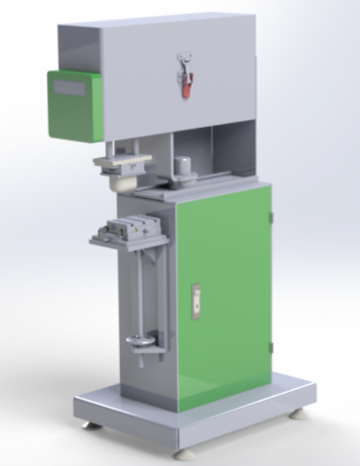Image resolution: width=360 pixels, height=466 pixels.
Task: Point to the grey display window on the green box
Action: click(70, 88)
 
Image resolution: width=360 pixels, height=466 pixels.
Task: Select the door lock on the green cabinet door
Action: click(196, 301)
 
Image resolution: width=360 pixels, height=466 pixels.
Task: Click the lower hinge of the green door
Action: click(270, 347)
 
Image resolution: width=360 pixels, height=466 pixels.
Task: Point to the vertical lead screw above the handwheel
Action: click(141, 288)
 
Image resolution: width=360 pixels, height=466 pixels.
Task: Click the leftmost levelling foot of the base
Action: click(91, 425)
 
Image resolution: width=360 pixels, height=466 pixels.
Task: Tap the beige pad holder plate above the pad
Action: click(120, 162)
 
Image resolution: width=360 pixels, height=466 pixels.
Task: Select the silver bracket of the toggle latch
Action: click(185, 62)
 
